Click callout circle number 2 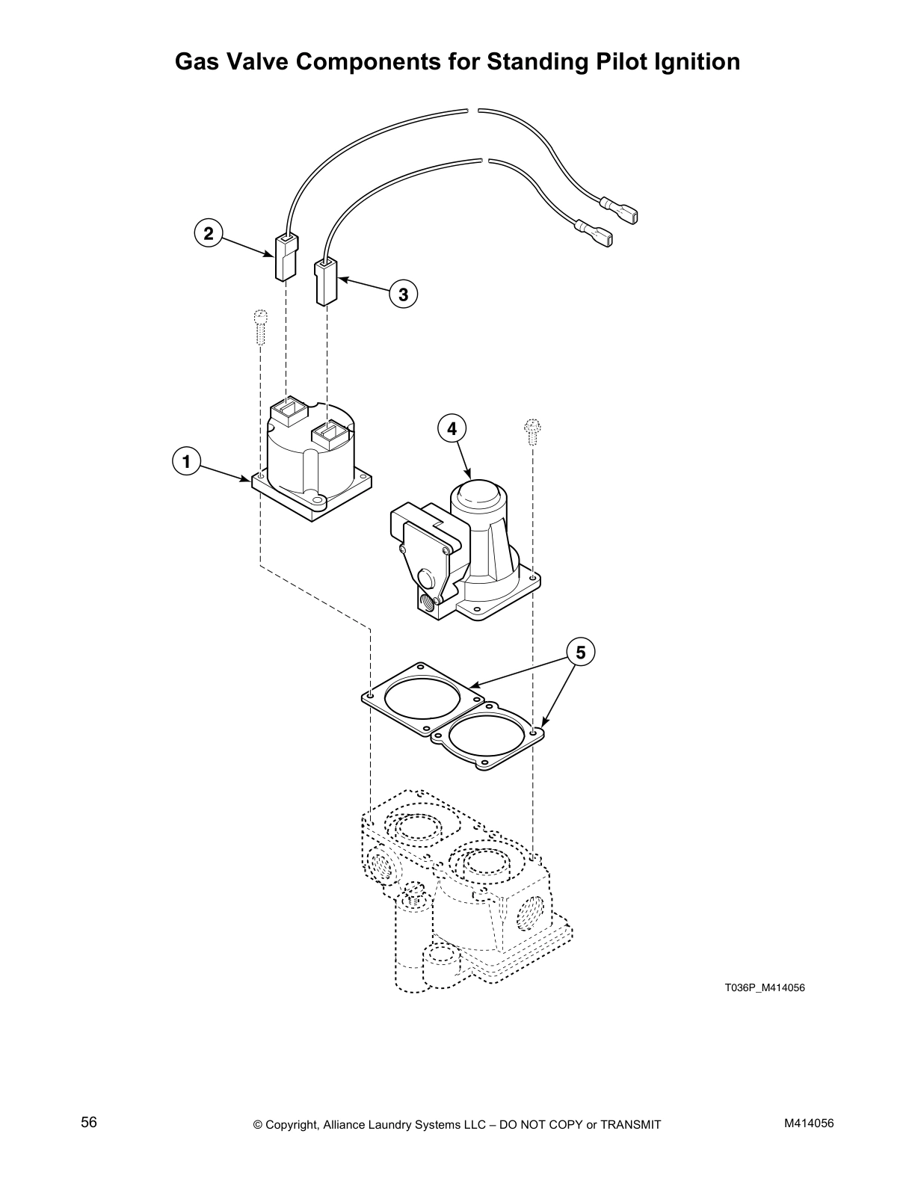[x=209, y=234]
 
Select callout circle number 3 [x=403, y=294]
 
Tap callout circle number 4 [x=452, y=428]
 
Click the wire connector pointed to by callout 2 [x=285, y=257]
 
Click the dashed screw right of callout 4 [x=533, y=431]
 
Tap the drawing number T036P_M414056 [x=764, y=988]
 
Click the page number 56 [x=89, y=1122]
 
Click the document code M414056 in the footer [x=809, y=1123]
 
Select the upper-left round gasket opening [x=422, y=700]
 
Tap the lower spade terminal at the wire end [x=598, y=232]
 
